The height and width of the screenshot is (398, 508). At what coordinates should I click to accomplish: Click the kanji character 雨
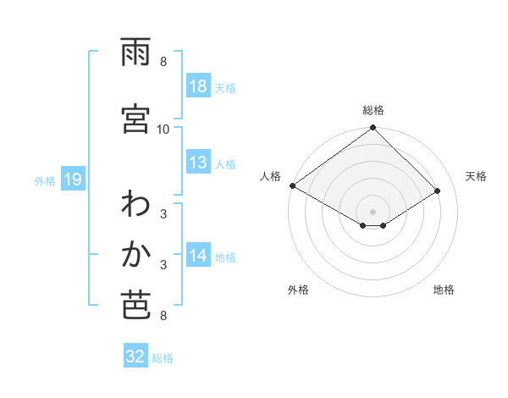[x=135, y=53]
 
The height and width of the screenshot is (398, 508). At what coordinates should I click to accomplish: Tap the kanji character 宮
[x=135, y=119]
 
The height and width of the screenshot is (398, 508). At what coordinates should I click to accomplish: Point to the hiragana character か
[x=135, y=254]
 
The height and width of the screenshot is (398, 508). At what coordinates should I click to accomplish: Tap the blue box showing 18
[x=198, y=86]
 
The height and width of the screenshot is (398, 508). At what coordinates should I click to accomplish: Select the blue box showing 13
[x=198, y=163]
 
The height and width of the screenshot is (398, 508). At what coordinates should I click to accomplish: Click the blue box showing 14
[x=198, y=256]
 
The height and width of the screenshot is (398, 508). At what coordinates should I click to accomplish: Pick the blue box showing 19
[x=72, y=180]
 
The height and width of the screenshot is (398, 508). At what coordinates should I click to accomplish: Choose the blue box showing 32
[x=135, y=357]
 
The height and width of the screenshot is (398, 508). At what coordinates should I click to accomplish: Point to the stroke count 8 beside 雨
[x=163, y=62]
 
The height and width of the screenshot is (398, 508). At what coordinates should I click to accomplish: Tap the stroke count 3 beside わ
[x=163, y=213]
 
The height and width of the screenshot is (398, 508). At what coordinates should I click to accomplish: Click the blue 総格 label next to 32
[x=163, y=358]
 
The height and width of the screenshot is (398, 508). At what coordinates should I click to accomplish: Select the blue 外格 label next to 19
[x=44, y=180]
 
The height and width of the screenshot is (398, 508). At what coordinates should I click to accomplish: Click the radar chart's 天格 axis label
[x=477, y=176]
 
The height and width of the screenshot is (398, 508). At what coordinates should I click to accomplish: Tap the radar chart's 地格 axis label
[x=444, y=290]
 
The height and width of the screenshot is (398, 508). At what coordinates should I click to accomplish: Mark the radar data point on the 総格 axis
[x=373, y=129]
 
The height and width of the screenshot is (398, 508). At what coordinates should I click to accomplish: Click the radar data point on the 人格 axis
[x=292, y=185]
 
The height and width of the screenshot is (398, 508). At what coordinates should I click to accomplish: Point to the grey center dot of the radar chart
[x=373, y=211]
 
